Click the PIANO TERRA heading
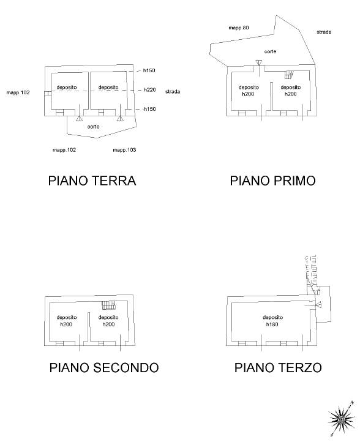click(x=92, y=181)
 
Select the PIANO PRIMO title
click(x=272, y=181)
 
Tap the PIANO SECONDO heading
click(x=104, y=367)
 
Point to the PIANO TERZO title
click(x=278, y=367)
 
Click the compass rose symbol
click(x=342, y=419)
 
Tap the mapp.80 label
click(x=239, y=28)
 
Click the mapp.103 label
click(x=124, y=150)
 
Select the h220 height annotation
click(x=150, y=90)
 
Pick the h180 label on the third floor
click(x=272, y=324)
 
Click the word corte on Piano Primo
click(x=270, y=51)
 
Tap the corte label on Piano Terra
click(x=93, y=127)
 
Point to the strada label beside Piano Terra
click(x=173, y=92)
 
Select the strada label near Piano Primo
click(x=324, y=32)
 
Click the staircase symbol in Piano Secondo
click(x=109, y=305)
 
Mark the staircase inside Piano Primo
click(x=289, y=75)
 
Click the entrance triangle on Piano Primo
click(x=259, y=62)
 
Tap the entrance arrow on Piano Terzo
click(x=319, y=304)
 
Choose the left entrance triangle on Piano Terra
click(x=79, y=118)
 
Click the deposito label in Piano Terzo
click(x=272, y=317)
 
